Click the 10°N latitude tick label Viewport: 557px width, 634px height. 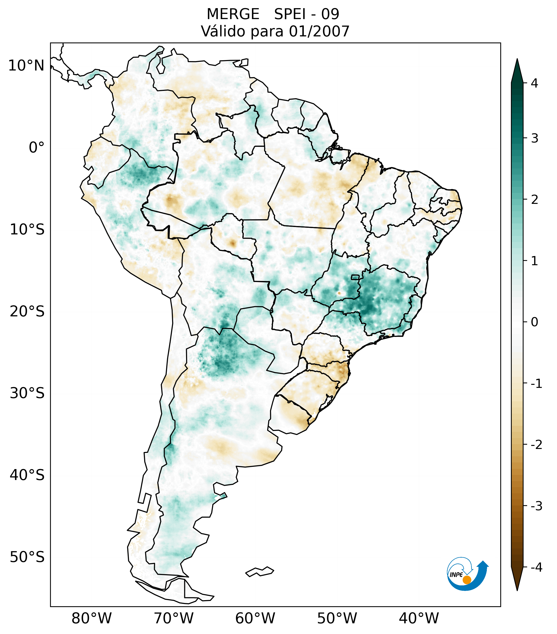[x=26, y=66]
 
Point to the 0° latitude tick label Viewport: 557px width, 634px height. [x=36, y=148]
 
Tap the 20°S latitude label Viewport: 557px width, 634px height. [x=27, y=312]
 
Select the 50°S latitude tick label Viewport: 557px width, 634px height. [x=27, y=557]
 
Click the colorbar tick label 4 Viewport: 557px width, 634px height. [x=534, y=83]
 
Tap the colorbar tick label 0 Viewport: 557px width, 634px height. [x=534, y=322]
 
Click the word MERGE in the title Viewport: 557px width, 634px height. [x=233, y=14]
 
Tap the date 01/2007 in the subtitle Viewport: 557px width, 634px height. [x=319, y=31]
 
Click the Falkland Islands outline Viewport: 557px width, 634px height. [x=260, y=571]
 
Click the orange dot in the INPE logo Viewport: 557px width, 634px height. [x=466, y=580]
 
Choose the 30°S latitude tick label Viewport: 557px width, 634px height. [x=27, y=393]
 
